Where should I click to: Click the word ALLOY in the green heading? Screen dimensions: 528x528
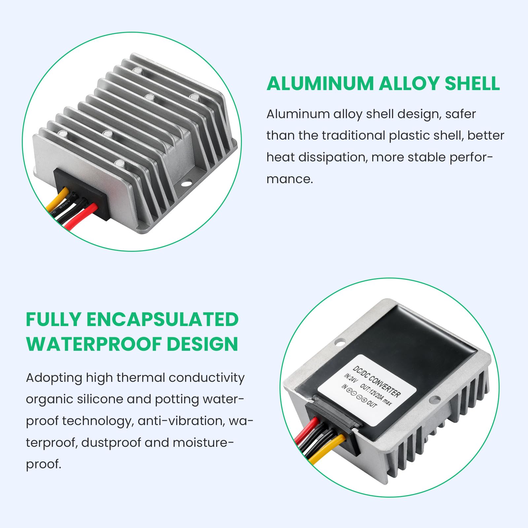pyautogui.click(x=409, y=83)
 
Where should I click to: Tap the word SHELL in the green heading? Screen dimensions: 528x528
pyautogui.click(x=472, y=83)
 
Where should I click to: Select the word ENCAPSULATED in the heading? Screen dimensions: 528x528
pyautogui.click(x=162, y=320)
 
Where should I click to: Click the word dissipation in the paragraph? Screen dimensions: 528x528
pyautogui.click(x=333, y=157)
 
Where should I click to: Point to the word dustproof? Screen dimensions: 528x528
pyautogui.click(x=111, y=443)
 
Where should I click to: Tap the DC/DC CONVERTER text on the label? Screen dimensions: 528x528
pyautogui.click(x=377, y=381)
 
